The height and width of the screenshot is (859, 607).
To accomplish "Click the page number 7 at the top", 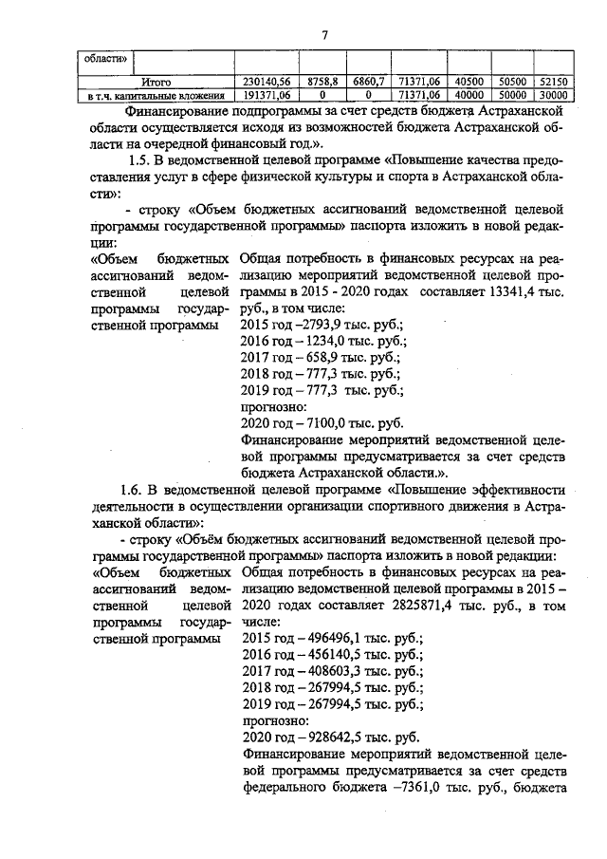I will point(324,35).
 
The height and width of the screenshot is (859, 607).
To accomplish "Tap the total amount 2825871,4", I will point(416,605).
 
